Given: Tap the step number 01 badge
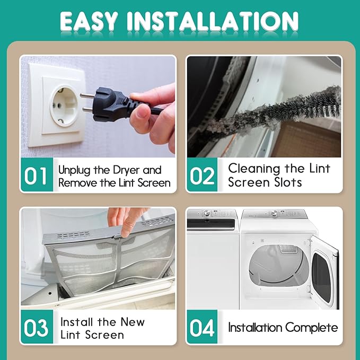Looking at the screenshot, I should point(37,175).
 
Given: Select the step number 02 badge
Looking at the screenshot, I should point(203,175).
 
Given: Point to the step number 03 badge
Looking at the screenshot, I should point(37,327).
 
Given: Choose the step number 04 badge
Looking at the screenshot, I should point(203,327).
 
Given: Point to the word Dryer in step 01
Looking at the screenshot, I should point(127,171).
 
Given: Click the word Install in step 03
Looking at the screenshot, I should point(77,322).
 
